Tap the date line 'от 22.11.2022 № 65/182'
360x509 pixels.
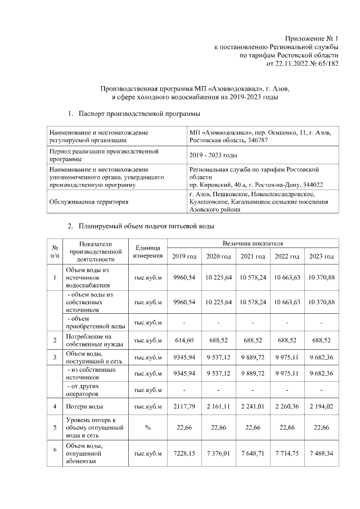[x=302, y=65]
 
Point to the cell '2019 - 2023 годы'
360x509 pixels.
[x=213, y=155]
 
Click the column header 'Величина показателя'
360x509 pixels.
[x=253, y=244]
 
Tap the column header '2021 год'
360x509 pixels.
[x=253, y=256]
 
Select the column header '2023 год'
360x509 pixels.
[x=321, y=256]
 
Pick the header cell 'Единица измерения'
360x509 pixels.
[x=148, y=252]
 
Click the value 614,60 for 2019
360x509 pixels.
[x=184, y=341]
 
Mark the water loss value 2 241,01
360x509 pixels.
[x=253, y=406]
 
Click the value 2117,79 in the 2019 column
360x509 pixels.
[x=184, y=406]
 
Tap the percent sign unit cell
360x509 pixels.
[x=148, y=427]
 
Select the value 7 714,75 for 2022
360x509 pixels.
[x=287, y=453]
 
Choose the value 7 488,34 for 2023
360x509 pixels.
[x=321, y=453]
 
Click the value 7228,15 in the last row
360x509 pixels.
[x=184, y=453]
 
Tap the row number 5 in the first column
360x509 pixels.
[x=55, y=427]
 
